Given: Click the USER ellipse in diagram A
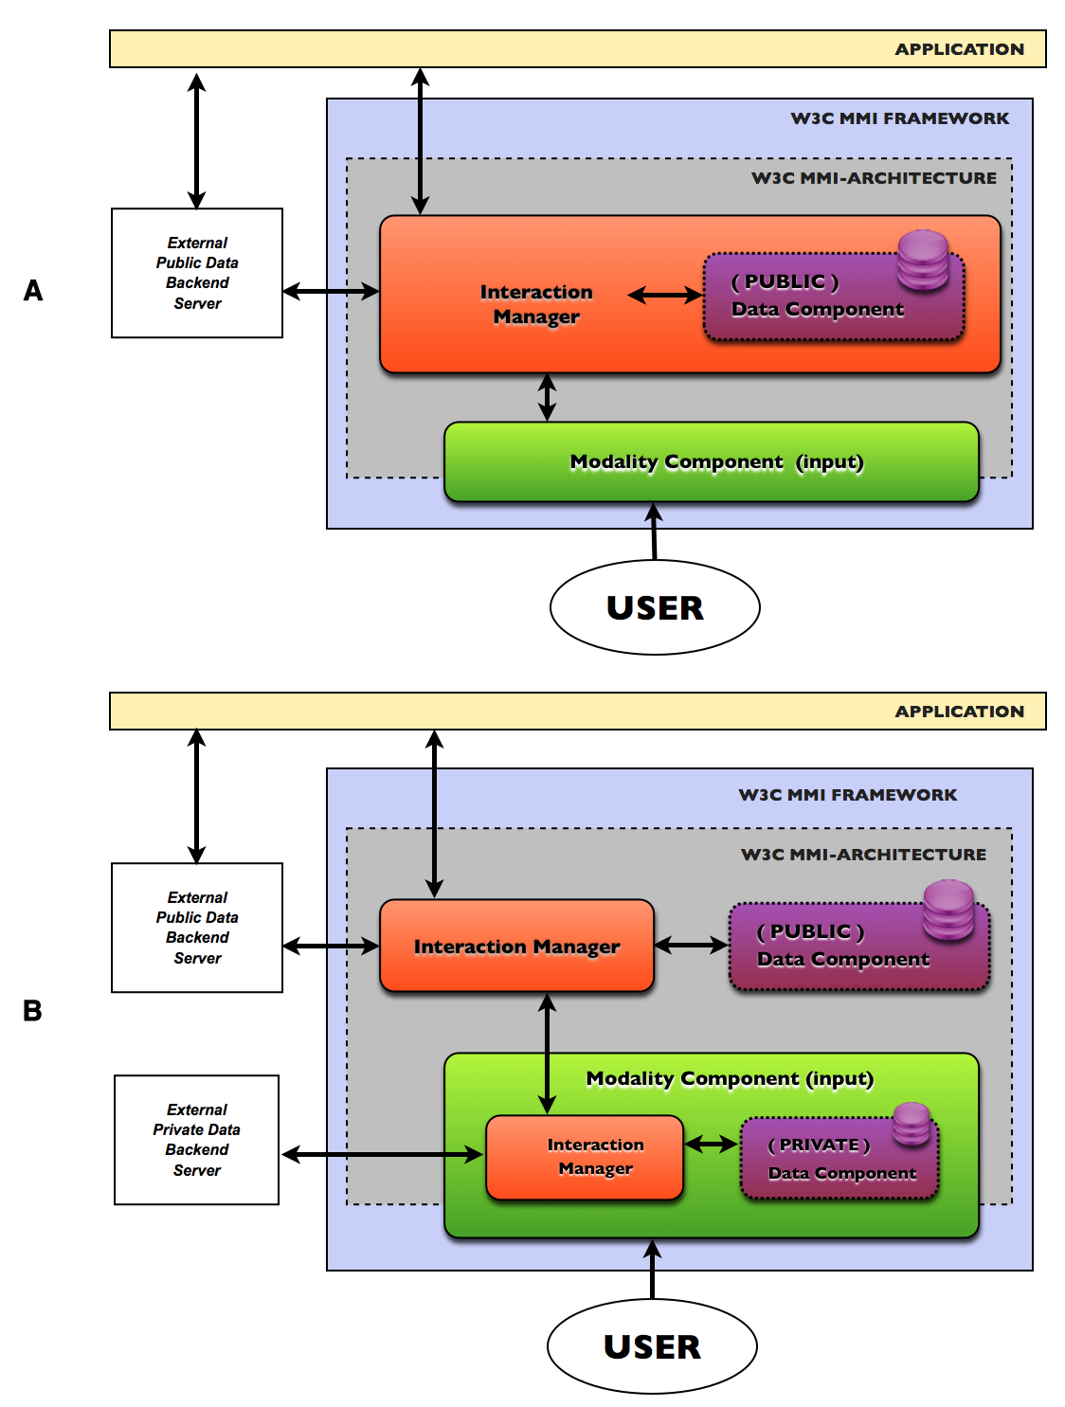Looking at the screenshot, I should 655,607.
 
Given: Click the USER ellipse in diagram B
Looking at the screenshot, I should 652,1345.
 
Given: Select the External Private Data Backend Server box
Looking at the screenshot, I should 197,1140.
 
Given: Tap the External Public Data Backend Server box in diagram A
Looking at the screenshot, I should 197,273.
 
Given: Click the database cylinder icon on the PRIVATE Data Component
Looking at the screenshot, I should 912,1123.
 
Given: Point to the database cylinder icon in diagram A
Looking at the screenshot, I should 923,259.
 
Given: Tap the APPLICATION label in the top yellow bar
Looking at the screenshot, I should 959,49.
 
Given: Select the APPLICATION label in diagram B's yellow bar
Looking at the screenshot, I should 959,712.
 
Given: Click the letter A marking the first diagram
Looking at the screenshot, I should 33,291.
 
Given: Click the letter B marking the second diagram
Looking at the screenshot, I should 32,1011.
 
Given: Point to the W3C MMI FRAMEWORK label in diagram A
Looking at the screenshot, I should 899,118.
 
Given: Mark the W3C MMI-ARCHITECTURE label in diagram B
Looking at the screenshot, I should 863,855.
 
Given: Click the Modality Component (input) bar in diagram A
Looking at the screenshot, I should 711,462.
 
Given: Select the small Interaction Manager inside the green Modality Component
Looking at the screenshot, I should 585,1157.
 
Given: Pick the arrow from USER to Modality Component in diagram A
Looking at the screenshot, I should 654,532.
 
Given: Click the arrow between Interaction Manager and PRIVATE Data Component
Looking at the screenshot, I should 712,1145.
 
